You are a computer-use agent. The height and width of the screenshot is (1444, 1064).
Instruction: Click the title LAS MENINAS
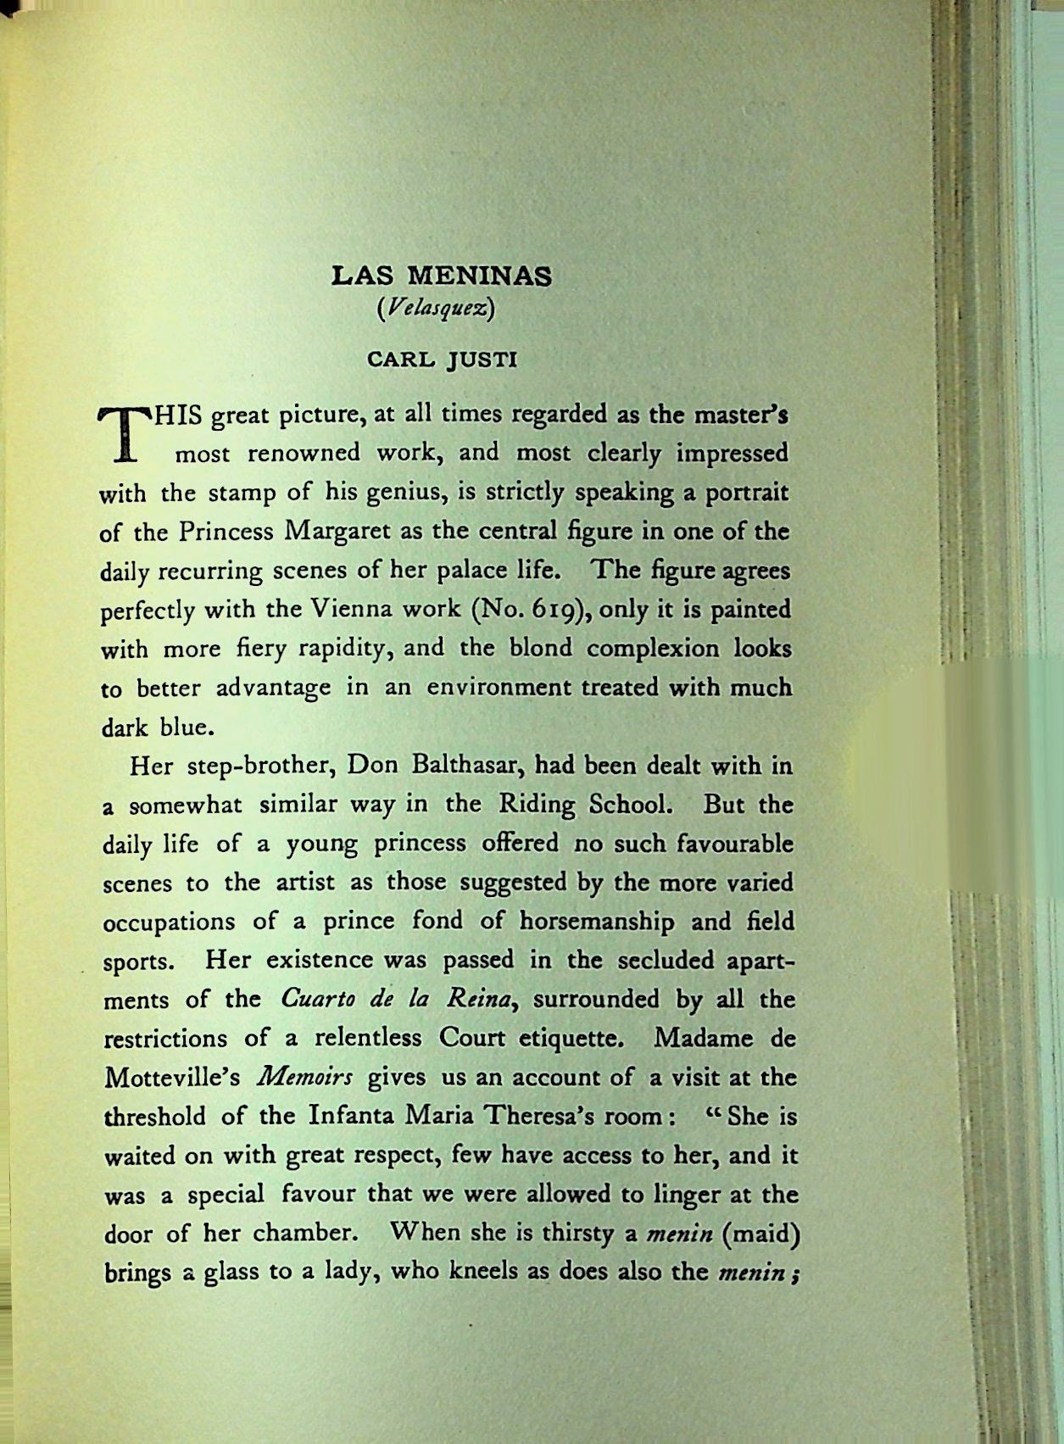point(441,276)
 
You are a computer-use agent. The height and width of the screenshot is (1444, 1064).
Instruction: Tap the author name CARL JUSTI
point(442,360)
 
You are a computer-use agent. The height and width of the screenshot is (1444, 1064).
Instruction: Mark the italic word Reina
point(479,999)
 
